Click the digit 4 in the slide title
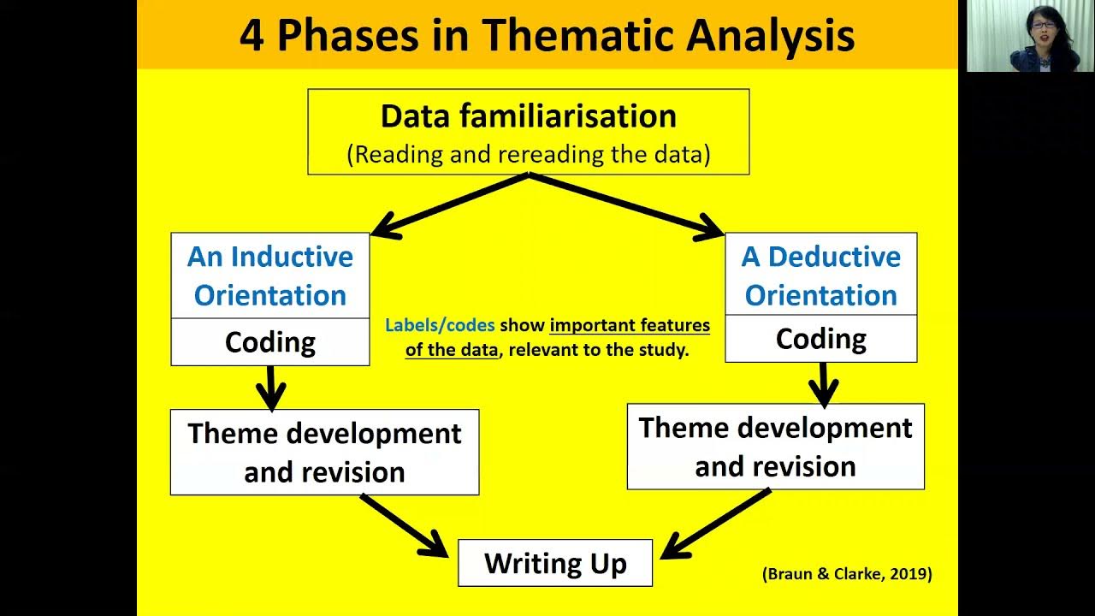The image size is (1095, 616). tap(252, 36)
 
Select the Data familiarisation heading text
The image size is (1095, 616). tap(528, 116)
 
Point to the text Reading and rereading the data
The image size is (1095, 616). tap(528, 155)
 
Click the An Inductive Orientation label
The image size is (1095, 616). tap(270, 275)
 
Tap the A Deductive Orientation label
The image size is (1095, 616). tap(820, 275)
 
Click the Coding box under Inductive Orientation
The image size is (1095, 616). tap(270, 342)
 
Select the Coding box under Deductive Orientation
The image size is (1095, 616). tap(820, 339)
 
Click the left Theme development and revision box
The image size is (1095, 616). tap(324, 452)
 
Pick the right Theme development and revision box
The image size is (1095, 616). tap(775, 447)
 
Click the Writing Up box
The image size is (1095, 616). tap(555, 563)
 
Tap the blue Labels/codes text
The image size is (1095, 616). tap(440, 325)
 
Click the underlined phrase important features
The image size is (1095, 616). tap(630, 325)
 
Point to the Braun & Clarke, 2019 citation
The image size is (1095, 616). tap(846, 574)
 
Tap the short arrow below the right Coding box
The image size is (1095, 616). tap(823, 383)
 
